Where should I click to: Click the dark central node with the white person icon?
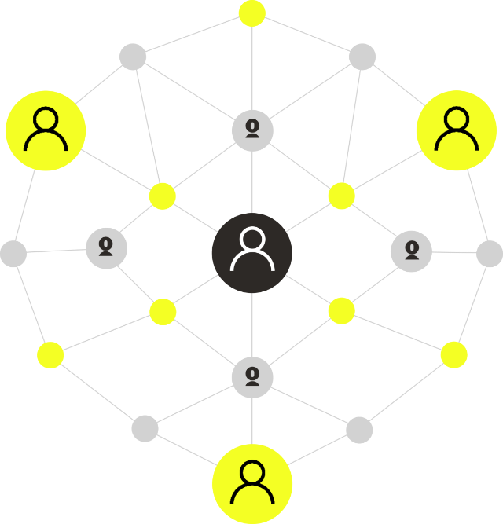(x=251, y=252)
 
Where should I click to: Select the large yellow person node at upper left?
(x=46, y=130)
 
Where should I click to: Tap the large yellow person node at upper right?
(x=456, y=130)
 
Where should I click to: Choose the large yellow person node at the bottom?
(x=252, y=483)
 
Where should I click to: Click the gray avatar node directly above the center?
(x=252, y=130)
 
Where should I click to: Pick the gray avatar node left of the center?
(x=106, y=248)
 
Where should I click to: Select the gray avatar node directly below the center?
(x=252, y=376)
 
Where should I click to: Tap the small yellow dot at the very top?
(x=251, y=13)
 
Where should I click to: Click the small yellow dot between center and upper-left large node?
(x=162, y=196)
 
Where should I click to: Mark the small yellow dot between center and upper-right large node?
(x=341, y=195)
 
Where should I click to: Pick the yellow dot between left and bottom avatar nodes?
(x=163, y=311)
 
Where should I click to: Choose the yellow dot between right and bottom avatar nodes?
(x=341, y=310)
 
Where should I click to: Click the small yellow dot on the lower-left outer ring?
(x=50, y=355)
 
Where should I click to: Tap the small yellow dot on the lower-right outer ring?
(x=453, y=354)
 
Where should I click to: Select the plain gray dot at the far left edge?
(x=13, y=254)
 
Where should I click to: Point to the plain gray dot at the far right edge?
(x=489, y=254)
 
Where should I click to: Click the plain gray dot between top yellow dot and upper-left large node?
(x=133, y=57)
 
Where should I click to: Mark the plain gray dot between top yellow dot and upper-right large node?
(x=362, y=57)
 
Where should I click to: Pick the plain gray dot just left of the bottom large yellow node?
(x=145, y=429)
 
